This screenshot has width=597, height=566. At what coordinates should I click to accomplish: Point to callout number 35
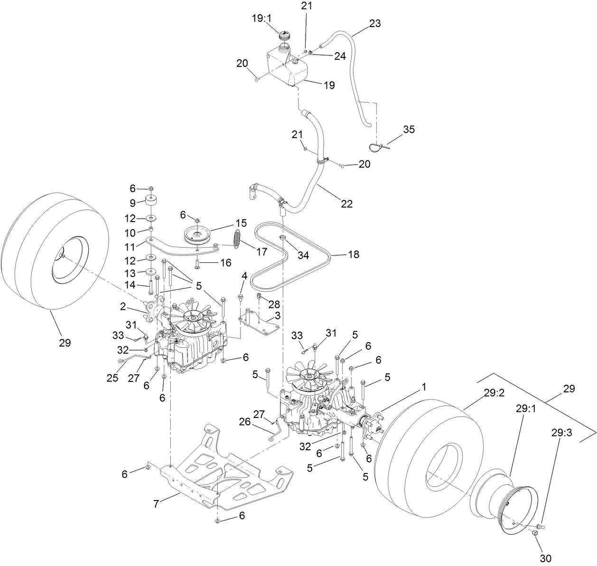pyautogui.click(x=409, y=129)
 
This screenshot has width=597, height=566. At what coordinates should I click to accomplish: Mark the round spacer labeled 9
pyautogui.click(x=150, y=202)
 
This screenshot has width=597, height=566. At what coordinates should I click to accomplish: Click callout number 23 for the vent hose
pyautogui.click(x=375, y=23)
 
